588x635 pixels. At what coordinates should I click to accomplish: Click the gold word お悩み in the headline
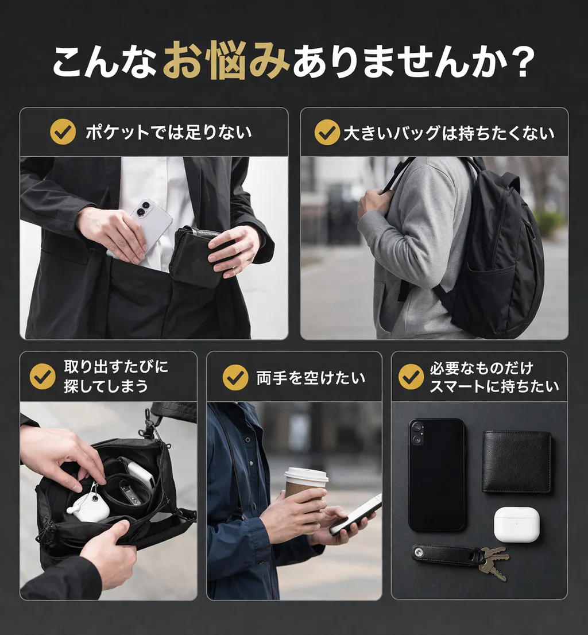point(226,62)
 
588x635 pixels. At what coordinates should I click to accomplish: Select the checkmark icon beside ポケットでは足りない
point(63,131)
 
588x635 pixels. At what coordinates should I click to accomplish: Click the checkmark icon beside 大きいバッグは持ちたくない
point(327,132)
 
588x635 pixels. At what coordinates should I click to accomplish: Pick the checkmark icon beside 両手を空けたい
point(235,377)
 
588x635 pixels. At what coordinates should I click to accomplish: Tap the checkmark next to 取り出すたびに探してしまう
point(42,376)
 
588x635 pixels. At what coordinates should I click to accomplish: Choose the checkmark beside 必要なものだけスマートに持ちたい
point(411,376)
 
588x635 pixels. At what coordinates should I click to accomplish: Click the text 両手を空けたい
point(311,378)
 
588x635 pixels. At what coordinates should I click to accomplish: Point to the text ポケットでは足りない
point(168,132)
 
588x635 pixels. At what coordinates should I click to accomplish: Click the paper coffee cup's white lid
point(307,475)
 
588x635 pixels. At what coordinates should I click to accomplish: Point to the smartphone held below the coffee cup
point(355,514)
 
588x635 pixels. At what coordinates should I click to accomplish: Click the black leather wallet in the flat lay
point(517,461)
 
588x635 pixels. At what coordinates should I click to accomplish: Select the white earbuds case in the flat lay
point(517,524)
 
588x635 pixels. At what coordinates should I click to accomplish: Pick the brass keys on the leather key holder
point(494,563)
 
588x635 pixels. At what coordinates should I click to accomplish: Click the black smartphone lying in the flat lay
point(436,475)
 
